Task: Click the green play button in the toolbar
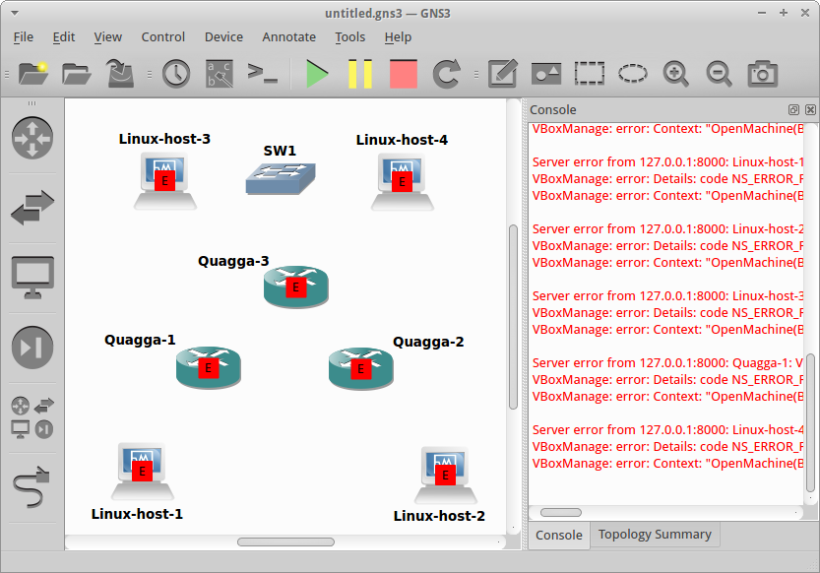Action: pos(317,74)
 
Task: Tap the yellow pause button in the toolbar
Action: pos(360,74)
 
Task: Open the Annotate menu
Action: pos(288,37)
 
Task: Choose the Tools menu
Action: pos(349,37)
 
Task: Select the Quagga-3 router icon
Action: pos(295,286)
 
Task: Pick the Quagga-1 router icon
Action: pos(208,367)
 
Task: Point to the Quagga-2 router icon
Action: pos(360,367)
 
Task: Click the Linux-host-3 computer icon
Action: pos(165,180)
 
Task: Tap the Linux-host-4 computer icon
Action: pos(402,181)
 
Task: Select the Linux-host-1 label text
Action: pos(137,513)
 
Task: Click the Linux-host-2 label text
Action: pos(439,516)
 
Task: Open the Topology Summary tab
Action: pos(655,535)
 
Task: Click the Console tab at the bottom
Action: pos(558,535)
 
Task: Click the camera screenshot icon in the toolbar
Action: pos(762,74)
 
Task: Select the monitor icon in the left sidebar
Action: pos(32,279)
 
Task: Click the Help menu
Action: pos(398,37)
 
